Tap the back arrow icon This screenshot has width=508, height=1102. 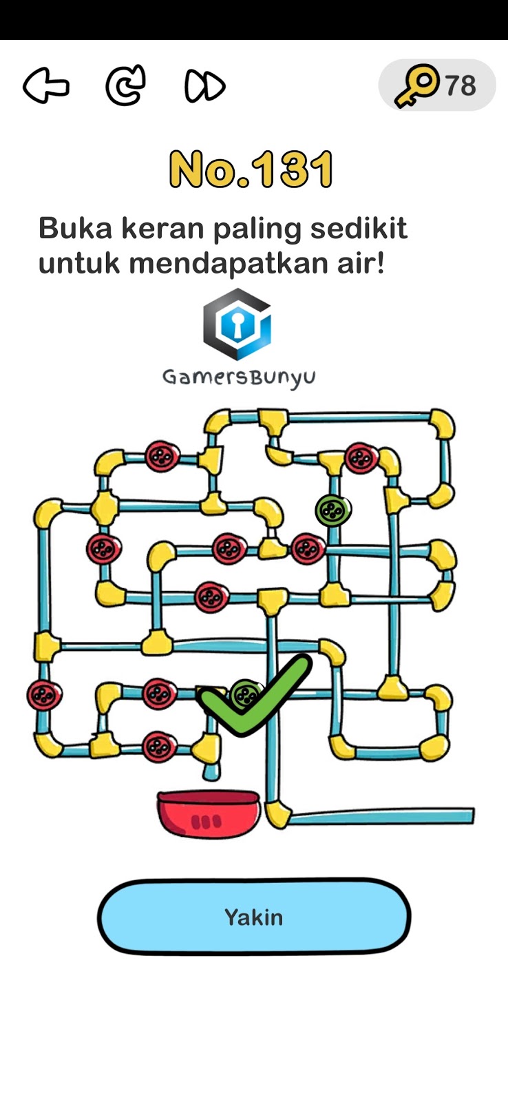click(x=46, y=86)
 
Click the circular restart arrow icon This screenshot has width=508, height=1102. click(x=125, y=85)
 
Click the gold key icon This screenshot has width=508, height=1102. click(x=416, y=85)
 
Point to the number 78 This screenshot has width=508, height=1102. click(x=461, y=86)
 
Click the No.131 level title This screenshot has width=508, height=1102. click(x=252, y=169)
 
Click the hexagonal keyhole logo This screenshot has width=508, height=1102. click(x=237, y=324)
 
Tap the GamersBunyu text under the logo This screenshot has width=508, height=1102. click(x=239, y=377)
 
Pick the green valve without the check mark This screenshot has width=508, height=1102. click(x=333, y=510)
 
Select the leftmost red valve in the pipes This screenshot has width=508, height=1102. click(x=44, y=694)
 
